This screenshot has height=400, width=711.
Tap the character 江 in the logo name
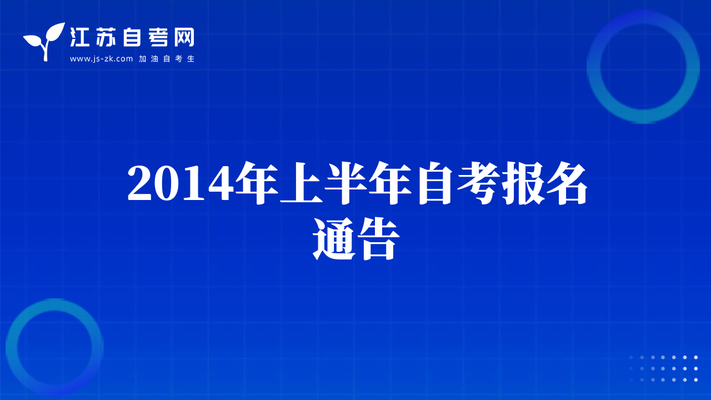point(79,37)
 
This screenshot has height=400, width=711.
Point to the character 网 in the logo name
point(184,37)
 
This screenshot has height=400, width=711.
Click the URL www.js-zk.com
point(101,59)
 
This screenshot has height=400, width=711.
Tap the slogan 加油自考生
point(167,59)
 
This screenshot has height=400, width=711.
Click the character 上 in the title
point(301,183)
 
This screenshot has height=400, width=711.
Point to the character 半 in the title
point(346,183)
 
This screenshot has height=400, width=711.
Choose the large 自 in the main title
point(435,183)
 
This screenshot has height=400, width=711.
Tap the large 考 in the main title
point(479,183)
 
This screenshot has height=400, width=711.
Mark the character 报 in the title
point(523,183)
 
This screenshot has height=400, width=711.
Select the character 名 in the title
point(567,183)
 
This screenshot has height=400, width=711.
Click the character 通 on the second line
point(334,239)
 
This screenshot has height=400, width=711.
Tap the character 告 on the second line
point(378,239)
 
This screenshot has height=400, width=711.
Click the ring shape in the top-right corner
point(594,67)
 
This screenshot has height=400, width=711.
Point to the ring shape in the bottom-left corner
point(12,348)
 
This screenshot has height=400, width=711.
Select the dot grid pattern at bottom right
point(663,368)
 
